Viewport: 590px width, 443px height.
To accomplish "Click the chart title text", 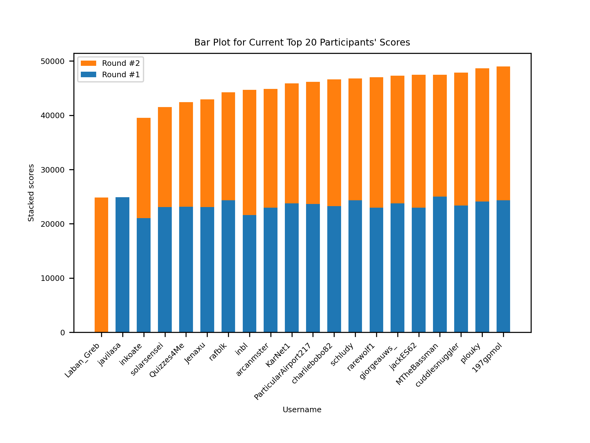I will click(x=302, y=42).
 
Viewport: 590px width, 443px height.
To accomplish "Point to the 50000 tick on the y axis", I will click(x=53, y=62).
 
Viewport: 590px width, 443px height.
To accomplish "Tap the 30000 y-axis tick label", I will click(x=53, y=170).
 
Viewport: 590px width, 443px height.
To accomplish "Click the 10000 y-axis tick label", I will click(x=53, y=278).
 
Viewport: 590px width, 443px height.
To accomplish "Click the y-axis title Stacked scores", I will click(x=31, y=193).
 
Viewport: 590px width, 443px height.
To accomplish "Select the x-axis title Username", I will click(x=302, y=410).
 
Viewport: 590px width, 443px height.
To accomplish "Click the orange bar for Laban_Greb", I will click(x=101, y=265).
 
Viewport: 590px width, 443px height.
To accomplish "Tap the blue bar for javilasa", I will click(x=123, y=265).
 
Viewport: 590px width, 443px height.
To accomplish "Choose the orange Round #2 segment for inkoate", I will click(x=144, y=168).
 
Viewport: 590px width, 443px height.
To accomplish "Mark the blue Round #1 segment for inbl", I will click(x=250, y=274).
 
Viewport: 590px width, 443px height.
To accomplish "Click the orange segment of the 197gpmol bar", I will click(x=503, y=134).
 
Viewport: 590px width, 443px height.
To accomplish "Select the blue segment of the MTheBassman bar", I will click(x=440, y=265).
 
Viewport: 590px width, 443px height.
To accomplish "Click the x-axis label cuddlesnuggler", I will click(x=437, y=365).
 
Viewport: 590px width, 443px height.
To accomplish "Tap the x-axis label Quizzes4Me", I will click(x=167, y=360).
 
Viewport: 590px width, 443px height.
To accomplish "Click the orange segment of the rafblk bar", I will click(x=228, y=146).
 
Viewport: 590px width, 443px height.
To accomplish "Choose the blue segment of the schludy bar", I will click(x=355, y=266).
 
